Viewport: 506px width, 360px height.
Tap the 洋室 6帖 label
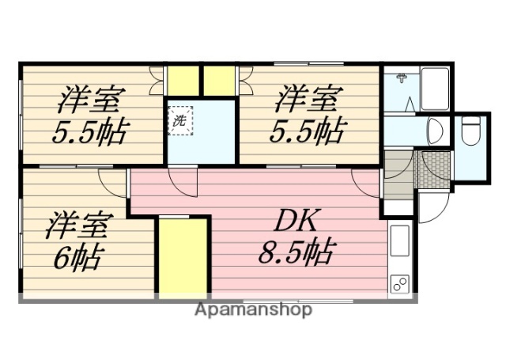(x=75, y=240)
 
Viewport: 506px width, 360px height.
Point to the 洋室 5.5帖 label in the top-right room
(x=308, y=116)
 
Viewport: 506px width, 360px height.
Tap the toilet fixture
(x=471, y=131)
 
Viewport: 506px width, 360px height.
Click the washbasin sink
(x=434, y=130)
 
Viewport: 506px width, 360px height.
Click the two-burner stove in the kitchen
(x=399, y=284)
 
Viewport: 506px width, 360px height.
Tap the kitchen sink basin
(x=400, y=241)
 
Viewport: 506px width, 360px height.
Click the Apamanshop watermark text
(x=253, y=309)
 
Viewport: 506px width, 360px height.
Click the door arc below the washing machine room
(x=183, y=182)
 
